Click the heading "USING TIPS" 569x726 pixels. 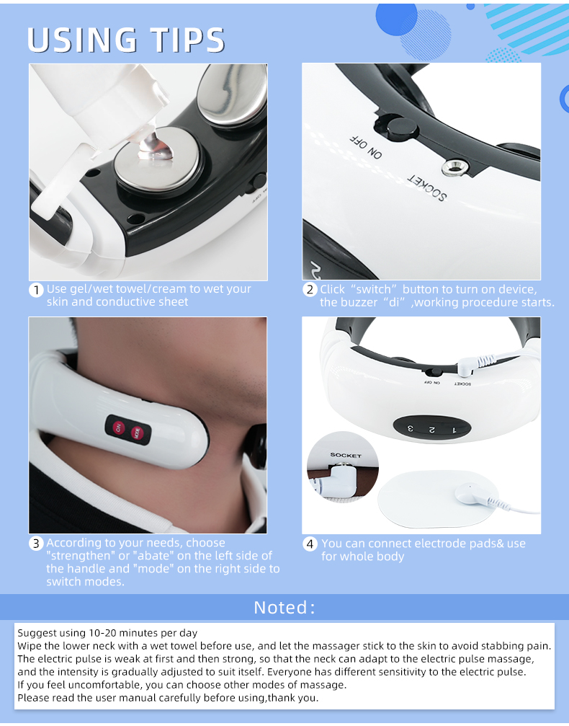coord(126,40)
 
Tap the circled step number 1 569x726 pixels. coord(36,291)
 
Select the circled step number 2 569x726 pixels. coord(310,290)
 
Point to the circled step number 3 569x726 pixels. coord(36,544)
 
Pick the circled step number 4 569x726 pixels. coord(310,544)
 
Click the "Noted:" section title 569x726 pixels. coord(284,607)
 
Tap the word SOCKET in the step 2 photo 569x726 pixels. coord(427,187)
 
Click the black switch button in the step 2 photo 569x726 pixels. coord(400,128)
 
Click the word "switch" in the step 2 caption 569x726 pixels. coord(373,290)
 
